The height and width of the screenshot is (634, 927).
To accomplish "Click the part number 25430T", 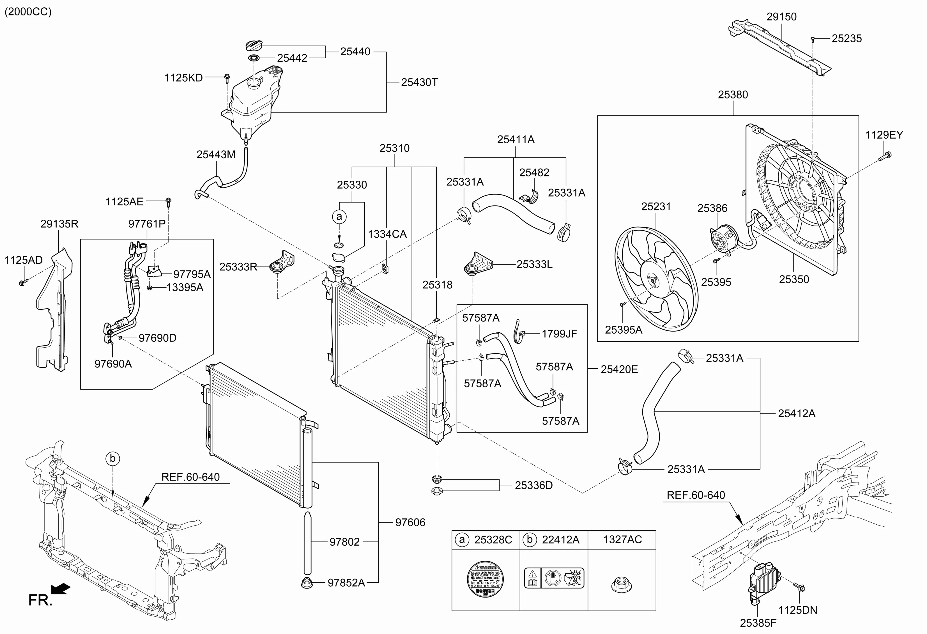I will coord(419,82).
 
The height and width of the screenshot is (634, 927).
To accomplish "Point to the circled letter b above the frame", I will coord(112,458).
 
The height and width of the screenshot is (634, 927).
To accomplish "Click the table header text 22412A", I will coord(560,540).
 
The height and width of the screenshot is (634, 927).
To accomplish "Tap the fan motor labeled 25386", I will coord(723,239).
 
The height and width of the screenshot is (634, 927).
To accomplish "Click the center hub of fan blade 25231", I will coord(653,281).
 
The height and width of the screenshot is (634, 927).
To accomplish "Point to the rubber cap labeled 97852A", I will coord(307,583).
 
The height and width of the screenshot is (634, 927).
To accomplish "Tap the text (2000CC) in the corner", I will coord(28,12).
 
